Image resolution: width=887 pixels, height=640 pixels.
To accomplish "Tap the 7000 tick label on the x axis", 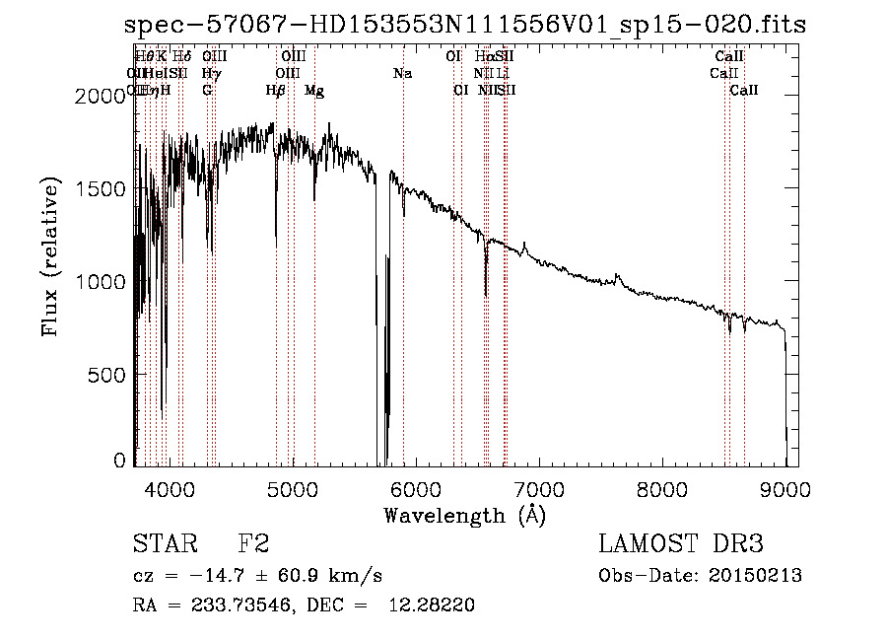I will coord(539,488).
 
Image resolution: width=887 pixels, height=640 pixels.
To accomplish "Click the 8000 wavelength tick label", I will coord(662,488).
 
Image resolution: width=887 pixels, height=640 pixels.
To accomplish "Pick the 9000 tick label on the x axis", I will coord(785,488).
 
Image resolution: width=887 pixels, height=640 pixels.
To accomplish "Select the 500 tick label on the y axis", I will coord(109,376).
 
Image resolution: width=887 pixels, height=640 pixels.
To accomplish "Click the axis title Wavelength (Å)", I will coord(464,515).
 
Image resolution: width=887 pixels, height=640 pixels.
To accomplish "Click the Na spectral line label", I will coord(402,73).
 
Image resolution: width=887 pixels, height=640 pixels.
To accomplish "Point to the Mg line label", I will coord(313,91).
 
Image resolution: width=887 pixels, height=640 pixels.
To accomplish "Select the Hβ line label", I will coord(276,91).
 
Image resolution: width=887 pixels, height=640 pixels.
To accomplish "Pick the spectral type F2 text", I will coord(253,543).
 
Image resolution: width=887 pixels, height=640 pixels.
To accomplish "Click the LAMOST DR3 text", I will coord(680,543).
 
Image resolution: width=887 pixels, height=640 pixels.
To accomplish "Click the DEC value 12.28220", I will coord(440,605).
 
